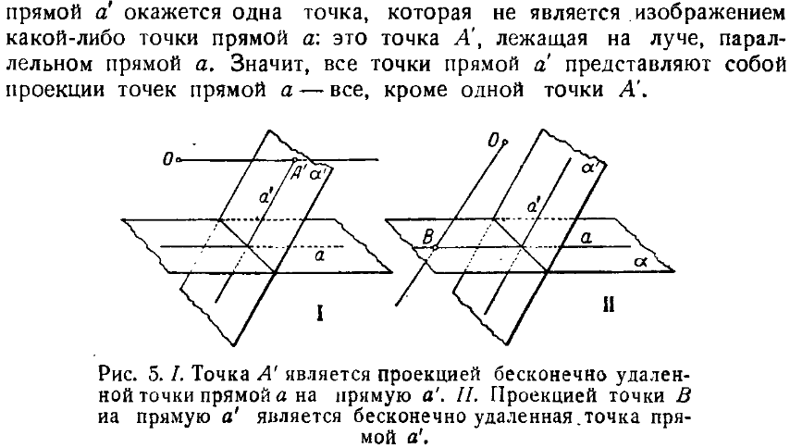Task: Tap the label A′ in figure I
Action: [x=298, y=173]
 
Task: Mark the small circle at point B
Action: [x=436, y=246]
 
